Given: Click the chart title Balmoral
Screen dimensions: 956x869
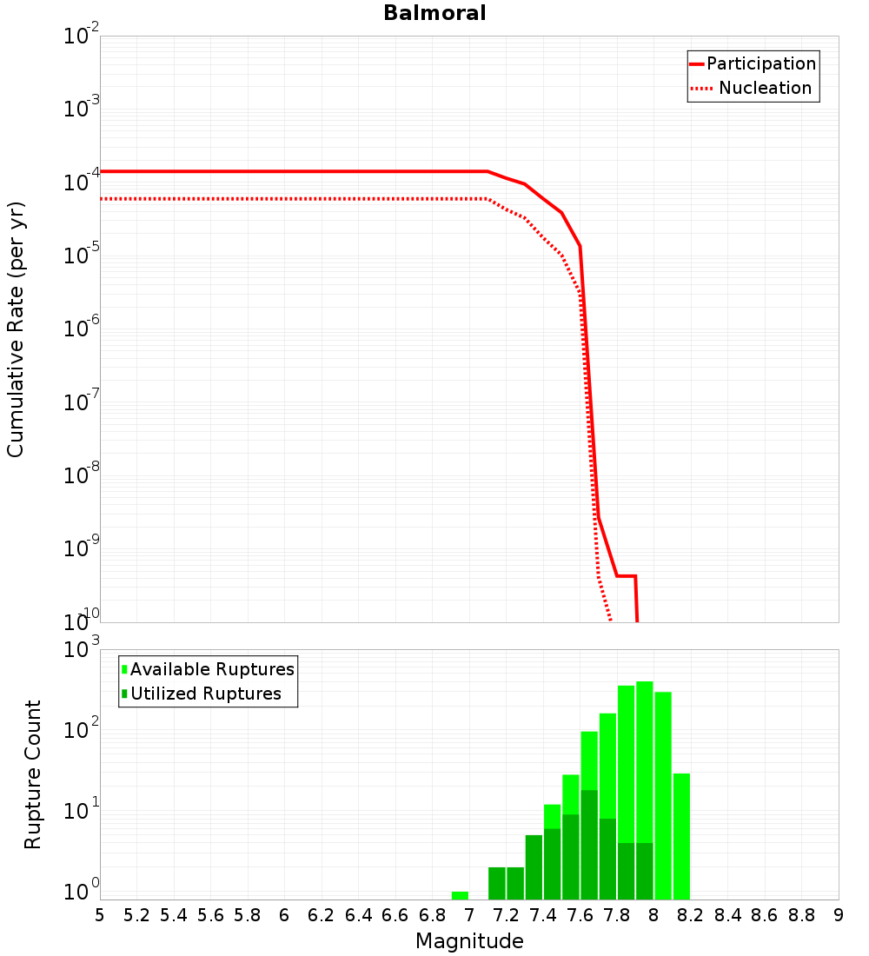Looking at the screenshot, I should (434, 13).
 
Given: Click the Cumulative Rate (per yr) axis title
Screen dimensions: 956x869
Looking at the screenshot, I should (16, 329).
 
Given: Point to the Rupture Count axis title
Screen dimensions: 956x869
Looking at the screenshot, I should (33, 773).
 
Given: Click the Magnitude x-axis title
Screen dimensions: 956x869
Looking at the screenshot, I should (469, 941).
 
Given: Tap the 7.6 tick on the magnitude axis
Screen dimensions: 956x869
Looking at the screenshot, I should (580, 915).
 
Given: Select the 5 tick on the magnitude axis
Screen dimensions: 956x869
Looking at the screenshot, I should (100, 915).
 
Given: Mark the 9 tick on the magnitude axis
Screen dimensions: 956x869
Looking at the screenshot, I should (839, 915).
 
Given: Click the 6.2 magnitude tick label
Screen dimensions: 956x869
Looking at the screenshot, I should (322, 915).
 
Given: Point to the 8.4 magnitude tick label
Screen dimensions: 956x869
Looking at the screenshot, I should (728, 915).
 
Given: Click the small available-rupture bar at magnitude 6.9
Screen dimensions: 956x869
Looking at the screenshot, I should (460, 895).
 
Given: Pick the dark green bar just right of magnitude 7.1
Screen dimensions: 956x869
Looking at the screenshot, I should (497, 883).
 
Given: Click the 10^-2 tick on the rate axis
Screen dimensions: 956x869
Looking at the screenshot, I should (82, 37).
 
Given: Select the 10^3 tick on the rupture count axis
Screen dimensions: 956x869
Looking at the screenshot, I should (82, 649).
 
